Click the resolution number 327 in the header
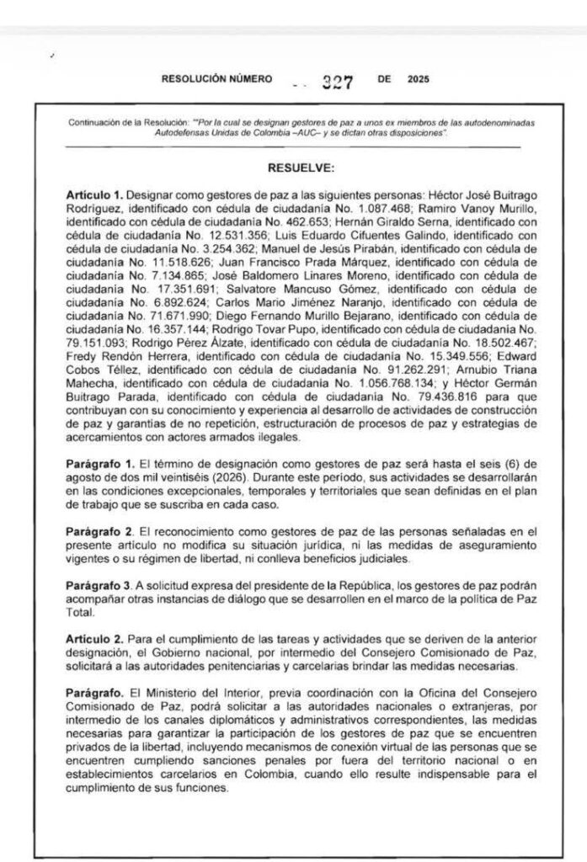pyautogui.click(x=336, y=82)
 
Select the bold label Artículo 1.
pyautogui.click(x=95, y=194)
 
